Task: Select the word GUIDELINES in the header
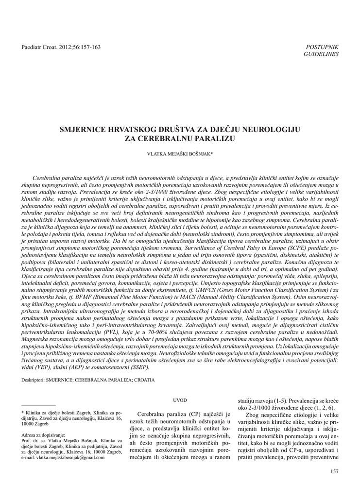(321, 54)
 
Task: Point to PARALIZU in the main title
(215, 139)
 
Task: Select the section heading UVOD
(180, 400)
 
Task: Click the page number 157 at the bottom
(334, 472)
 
